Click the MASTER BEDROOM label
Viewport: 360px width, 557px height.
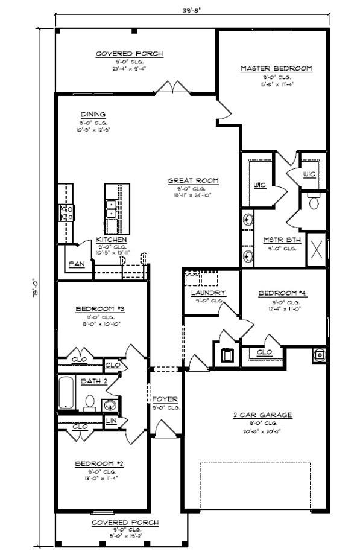[276, 69]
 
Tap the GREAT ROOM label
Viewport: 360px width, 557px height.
[193, 180]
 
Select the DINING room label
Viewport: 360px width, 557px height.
[93, 114]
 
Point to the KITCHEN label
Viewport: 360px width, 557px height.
[112, 240]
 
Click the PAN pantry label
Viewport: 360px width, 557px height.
[76, 264]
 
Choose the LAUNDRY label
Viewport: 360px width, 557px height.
[208, 293]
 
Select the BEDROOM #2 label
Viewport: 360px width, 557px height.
[99, 463]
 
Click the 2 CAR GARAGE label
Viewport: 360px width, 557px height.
[262, 415]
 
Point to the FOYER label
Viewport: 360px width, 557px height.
[165, 399]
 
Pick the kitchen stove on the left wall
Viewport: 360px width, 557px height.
[66, 212]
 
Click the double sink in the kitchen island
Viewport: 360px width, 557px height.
[112, 208]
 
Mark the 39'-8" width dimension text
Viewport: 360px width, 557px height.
[192, 10]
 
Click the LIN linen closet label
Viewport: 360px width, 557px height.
[112, 421]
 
